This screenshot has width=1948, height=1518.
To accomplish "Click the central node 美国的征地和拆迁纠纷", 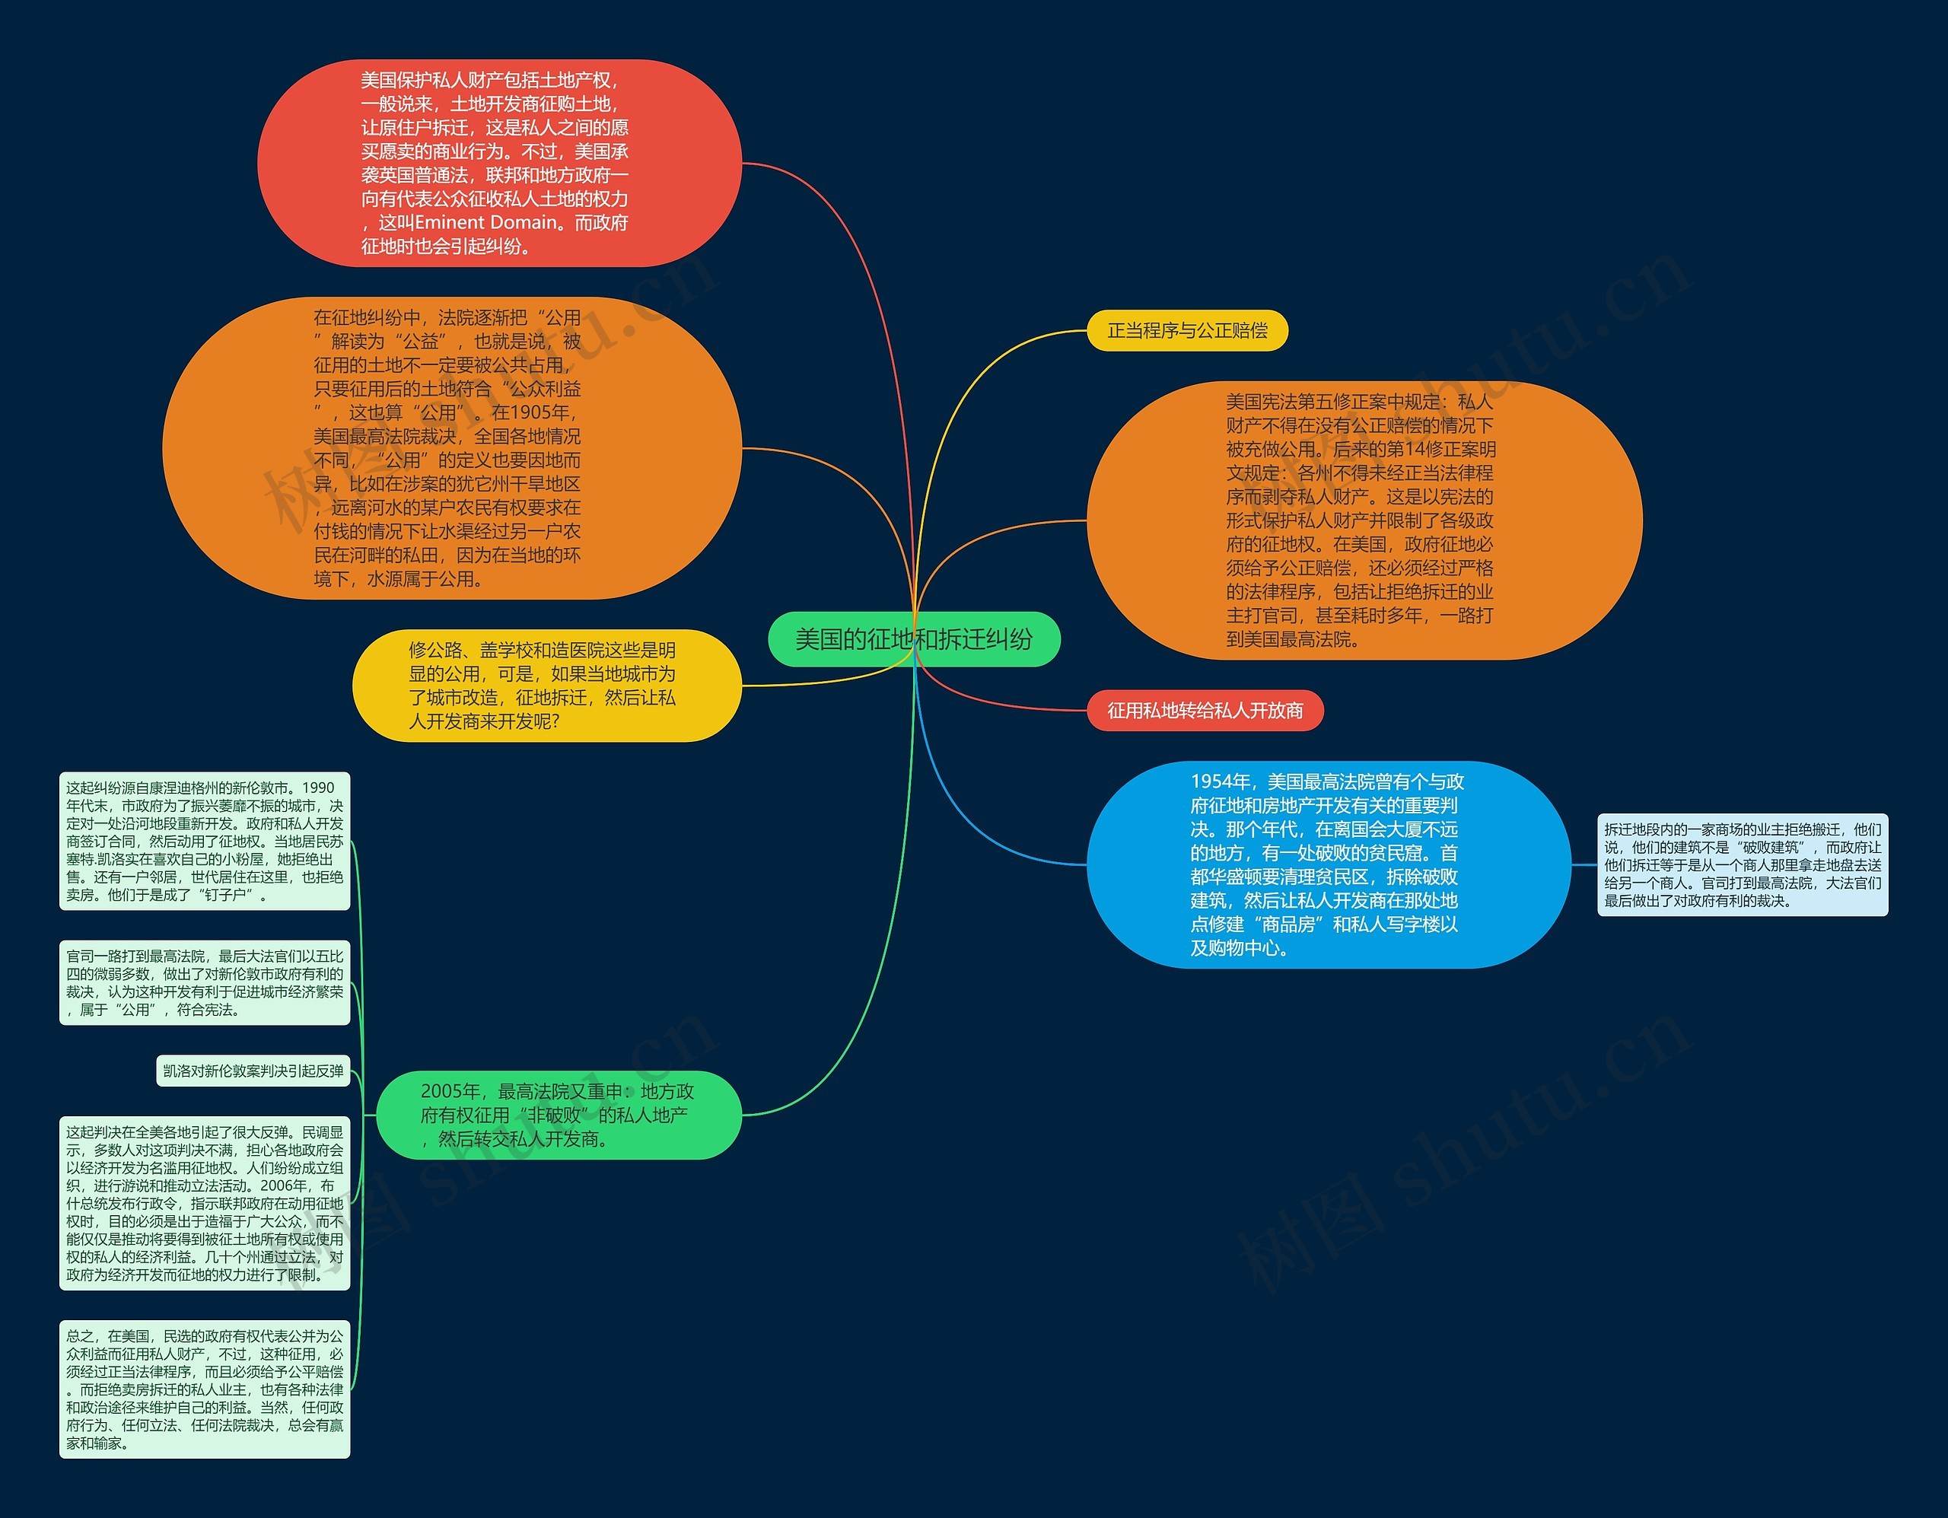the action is [913, 638].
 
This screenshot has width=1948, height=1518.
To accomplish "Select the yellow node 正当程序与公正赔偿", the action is [1186, 331].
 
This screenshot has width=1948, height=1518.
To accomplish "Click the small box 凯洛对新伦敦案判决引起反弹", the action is [253, 1071].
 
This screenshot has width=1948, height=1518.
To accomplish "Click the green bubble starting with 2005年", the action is [559, 1115].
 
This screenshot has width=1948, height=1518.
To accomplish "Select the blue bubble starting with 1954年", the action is [1327, 864].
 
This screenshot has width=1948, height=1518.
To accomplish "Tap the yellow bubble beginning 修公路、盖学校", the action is [546, 685].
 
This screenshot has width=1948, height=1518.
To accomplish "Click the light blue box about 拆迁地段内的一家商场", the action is [1742, 864].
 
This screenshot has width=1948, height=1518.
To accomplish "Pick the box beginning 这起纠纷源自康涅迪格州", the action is [204, 841].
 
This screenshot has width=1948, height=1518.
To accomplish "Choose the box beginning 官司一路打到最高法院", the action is [204, 983].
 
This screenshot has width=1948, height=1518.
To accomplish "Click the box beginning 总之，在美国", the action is [204, 1389].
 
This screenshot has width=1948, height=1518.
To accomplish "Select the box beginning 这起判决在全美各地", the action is [204, 1202].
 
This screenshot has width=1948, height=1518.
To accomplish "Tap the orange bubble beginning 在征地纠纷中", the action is [450, 447].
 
